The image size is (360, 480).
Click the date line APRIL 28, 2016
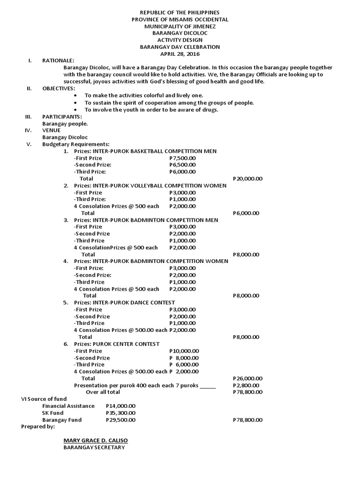click(180, 54)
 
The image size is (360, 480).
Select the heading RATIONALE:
click(58, 61)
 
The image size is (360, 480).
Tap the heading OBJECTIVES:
click(58, 89)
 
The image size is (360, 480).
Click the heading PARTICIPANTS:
click(62, 116)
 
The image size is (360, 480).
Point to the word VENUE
click(51, 130)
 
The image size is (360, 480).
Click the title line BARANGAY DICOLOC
click(180, 33)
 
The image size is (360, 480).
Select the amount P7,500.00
click(182, 158)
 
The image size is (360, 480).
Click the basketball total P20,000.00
click(247, 179)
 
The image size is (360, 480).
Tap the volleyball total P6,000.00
click(246, 213)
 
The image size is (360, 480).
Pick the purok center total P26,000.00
click(247, 378)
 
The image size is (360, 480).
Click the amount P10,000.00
click(184, 351)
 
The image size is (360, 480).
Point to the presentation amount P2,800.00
click(246, 385)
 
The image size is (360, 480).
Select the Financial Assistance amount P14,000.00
click(121, 406)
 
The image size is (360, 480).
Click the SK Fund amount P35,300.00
click(121, 413)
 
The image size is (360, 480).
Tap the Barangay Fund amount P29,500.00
click(121, 420)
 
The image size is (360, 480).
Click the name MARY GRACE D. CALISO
click(96, 441)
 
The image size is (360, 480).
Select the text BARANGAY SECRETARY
click(94, 448)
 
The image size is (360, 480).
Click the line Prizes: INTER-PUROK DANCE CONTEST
click(125, 302)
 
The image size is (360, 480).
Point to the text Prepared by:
click(38, 427)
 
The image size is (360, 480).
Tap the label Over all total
click(103, 392)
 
